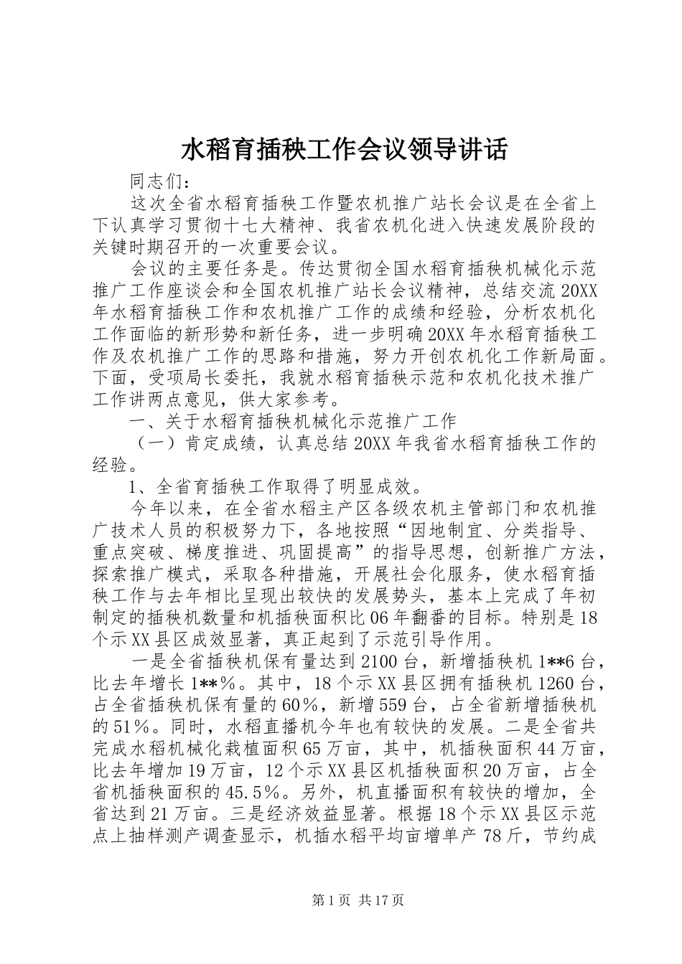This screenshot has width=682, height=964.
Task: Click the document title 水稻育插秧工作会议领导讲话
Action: point(340,150)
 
